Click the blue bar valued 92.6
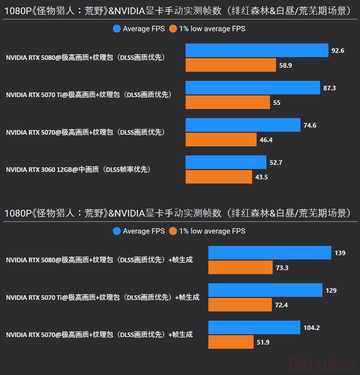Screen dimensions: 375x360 click(257, 50)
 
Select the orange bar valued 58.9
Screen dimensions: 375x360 click(231, 65)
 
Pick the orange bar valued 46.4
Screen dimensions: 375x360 click(221, 140)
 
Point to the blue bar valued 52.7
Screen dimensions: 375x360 click(226, 162)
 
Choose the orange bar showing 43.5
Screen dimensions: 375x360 click(219, 177)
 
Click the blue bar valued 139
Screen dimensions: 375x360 click(270, 253)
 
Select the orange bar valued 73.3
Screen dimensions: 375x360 click(240, 268)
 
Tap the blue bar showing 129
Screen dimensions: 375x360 click(265, 290)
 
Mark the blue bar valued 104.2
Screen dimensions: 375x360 click(254, 328)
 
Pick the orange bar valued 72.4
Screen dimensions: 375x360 click(240, 305)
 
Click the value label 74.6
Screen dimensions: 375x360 click(310, 125)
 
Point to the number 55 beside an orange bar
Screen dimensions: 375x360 click(277, 103)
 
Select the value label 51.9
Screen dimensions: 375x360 click(263, 342)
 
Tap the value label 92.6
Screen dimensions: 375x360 click(338, 51)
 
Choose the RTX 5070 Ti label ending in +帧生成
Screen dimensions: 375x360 click(103, 297)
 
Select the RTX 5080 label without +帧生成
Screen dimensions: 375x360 click(85, 58)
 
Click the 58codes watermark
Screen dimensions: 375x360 click(322, 364)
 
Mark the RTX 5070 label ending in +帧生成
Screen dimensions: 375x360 click(99, 335)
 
